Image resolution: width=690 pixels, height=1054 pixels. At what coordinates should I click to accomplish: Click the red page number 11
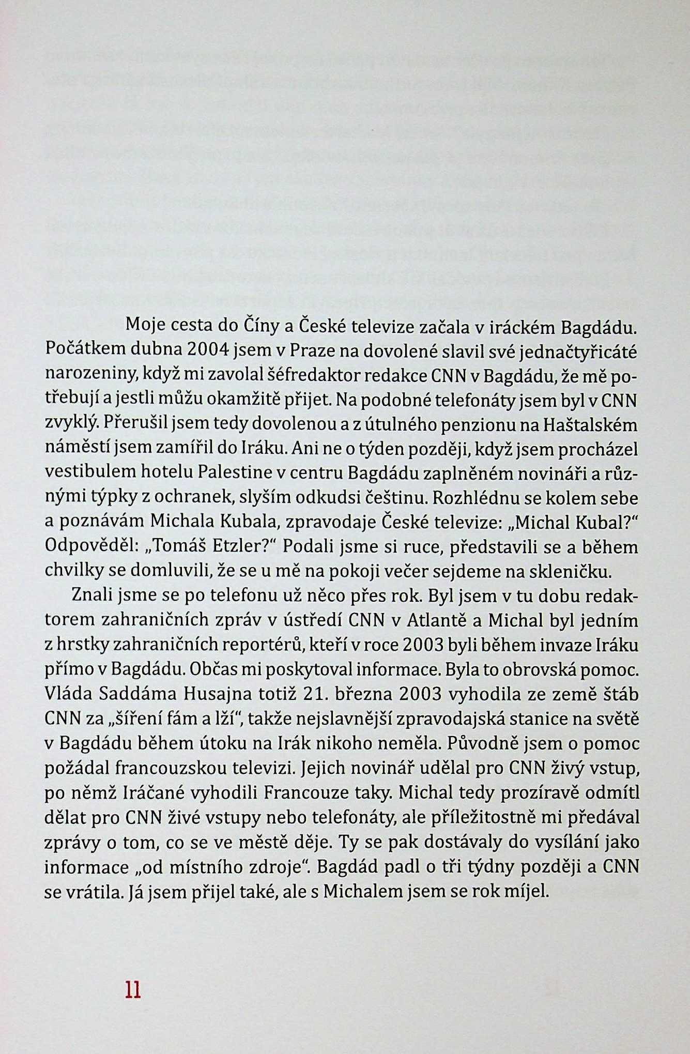(x=133, y=989)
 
